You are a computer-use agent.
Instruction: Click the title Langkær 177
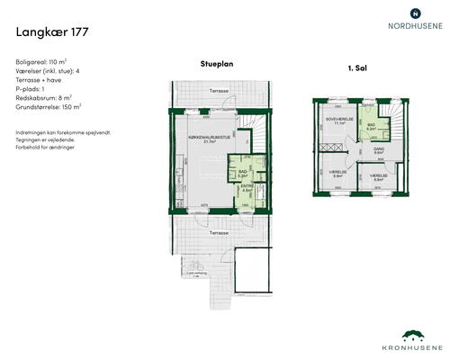pyautogui.click(x=52, y=33)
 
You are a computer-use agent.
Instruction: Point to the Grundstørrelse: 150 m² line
pyautogui.click(x=49, y=106)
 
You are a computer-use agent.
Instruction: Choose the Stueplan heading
pyautogui.click(x=217, y=65)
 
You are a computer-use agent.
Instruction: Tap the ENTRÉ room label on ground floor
pyautogui.click(x=247, y=188)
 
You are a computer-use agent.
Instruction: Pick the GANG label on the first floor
pyautogui.click(x=378, y=149)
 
